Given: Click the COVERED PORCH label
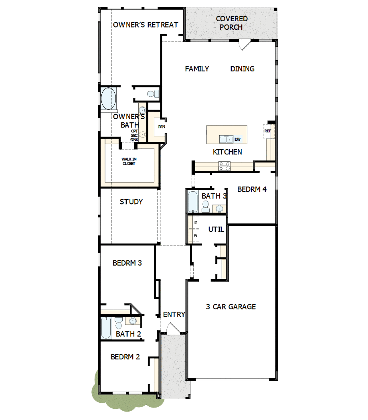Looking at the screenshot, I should [231, 23].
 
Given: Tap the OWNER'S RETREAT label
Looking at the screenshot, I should [146, 25].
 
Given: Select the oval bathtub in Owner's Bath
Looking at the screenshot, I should [108, 98].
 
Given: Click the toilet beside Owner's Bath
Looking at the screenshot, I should [153, 94].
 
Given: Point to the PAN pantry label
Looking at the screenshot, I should [162, 127].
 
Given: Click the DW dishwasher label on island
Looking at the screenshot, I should [238, 139].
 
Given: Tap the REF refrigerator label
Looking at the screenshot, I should [268, 131].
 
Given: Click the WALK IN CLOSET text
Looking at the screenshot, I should [129, 161].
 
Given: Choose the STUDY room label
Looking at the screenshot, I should [131, 202].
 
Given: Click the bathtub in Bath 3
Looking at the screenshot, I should [193, 202].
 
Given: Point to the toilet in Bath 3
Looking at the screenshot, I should [205, 206].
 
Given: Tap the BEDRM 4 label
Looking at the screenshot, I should [252, 189].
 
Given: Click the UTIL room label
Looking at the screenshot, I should [216, 229].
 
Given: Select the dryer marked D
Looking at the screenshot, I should [196, 223].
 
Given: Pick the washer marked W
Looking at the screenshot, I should [196, 235].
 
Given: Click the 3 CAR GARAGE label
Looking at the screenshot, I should [231, 307].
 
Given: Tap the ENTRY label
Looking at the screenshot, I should [174, 314].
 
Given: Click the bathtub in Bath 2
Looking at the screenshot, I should [106, 328].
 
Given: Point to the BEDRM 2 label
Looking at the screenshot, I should [125, 357].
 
